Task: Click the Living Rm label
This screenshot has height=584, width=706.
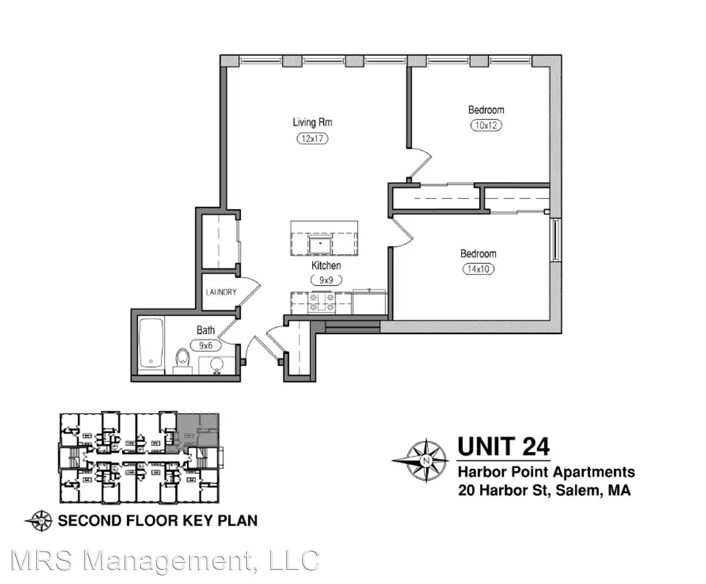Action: click(313, 122)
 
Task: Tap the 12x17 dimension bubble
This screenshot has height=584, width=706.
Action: click(313, 138)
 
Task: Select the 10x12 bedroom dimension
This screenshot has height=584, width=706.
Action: click(486, 125)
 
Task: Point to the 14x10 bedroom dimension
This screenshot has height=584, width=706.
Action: click(478, 269)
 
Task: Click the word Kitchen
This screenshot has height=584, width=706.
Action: click(326, 266)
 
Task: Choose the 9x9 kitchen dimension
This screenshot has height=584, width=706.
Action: click(326, 280)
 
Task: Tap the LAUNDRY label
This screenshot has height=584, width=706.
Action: click(221, 292)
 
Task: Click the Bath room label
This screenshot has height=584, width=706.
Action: click(206, 330)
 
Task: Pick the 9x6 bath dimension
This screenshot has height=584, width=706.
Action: click(206, 346)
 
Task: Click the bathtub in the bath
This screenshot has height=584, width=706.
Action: click(151, 343)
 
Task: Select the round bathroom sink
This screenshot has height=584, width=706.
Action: click(217, 366)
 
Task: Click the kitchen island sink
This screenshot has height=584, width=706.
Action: click(320, 244)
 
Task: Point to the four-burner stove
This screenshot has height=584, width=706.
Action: click(321, 302)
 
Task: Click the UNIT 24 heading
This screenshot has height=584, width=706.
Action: click(504, 447)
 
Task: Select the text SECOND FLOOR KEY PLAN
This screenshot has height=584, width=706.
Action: click(157, 520)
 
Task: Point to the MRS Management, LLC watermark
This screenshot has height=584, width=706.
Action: click(165, 560)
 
